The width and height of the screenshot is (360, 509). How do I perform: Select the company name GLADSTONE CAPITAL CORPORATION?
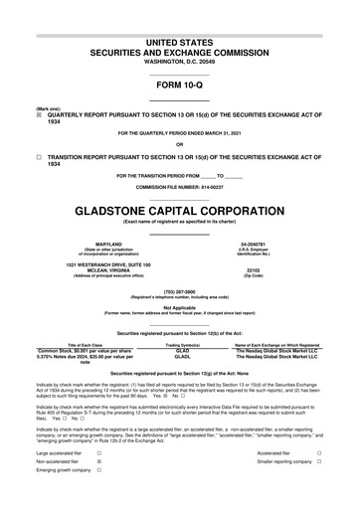179,212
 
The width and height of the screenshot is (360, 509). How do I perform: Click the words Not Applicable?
179,307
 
